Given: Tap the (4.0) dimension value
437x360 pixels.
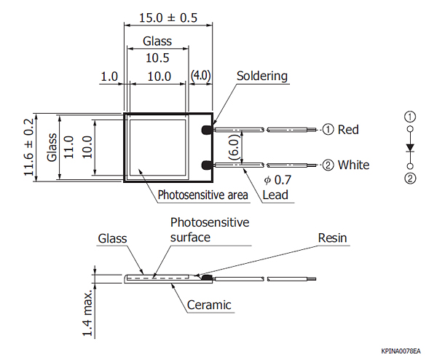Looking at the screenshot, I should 200,76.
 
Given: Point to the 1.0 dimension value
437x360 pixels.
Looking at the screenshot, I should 109,76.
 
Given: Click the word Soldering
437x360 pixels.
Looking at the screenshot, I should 262,76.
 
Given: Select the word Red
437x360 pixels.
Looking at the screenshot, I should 348,130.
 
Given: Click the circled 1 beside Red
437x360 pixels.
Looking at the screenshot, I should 328,130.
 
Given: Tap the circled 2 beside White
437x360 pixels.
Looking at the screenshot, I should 328,165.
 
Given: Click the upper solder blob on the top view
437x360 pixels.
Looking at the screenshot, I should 207,130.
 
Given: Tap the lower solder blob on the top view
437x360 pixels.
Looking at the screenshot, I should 207,165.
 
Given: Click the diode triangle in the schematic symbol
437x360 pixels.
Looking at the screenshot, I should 410,147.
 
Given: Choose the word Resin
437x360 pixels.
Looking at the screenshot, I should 333,238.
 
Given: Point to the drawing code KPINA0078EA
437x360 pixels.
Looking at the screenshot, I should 401,351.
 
